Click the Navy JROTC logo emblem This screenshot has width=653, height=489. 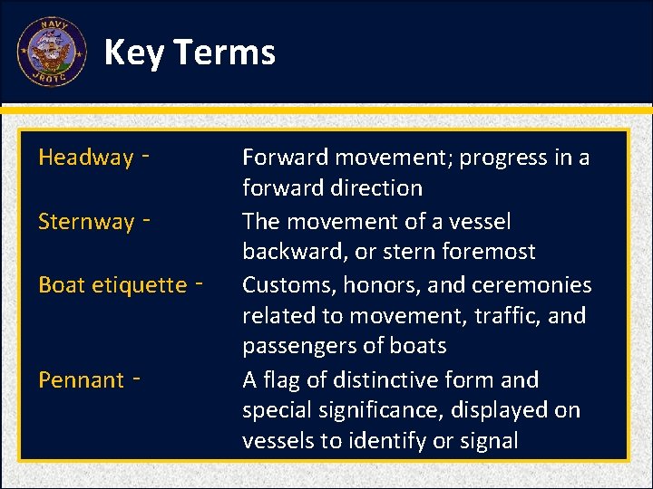pos(52,52)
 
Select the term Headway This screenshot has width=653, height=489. pos(85,158)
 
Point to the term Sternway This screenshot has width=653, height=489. pos(85,222)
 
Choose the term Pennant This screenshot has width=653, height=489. pos(81,380)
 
